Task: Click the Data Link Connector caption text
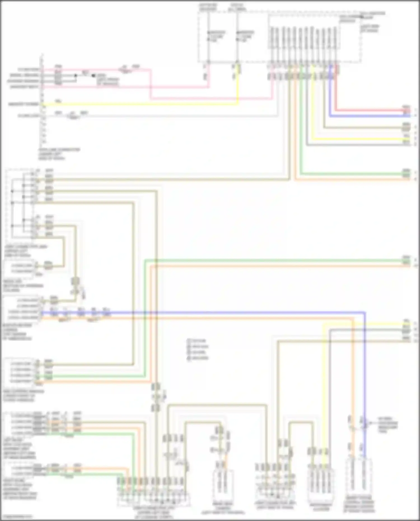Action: click(59, 154)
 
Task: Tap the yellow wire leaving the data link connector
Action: click(140, 104)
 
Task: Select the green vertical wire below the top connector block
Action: click(301, 126)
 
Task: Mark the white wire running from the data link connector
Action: click(168, 116)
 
